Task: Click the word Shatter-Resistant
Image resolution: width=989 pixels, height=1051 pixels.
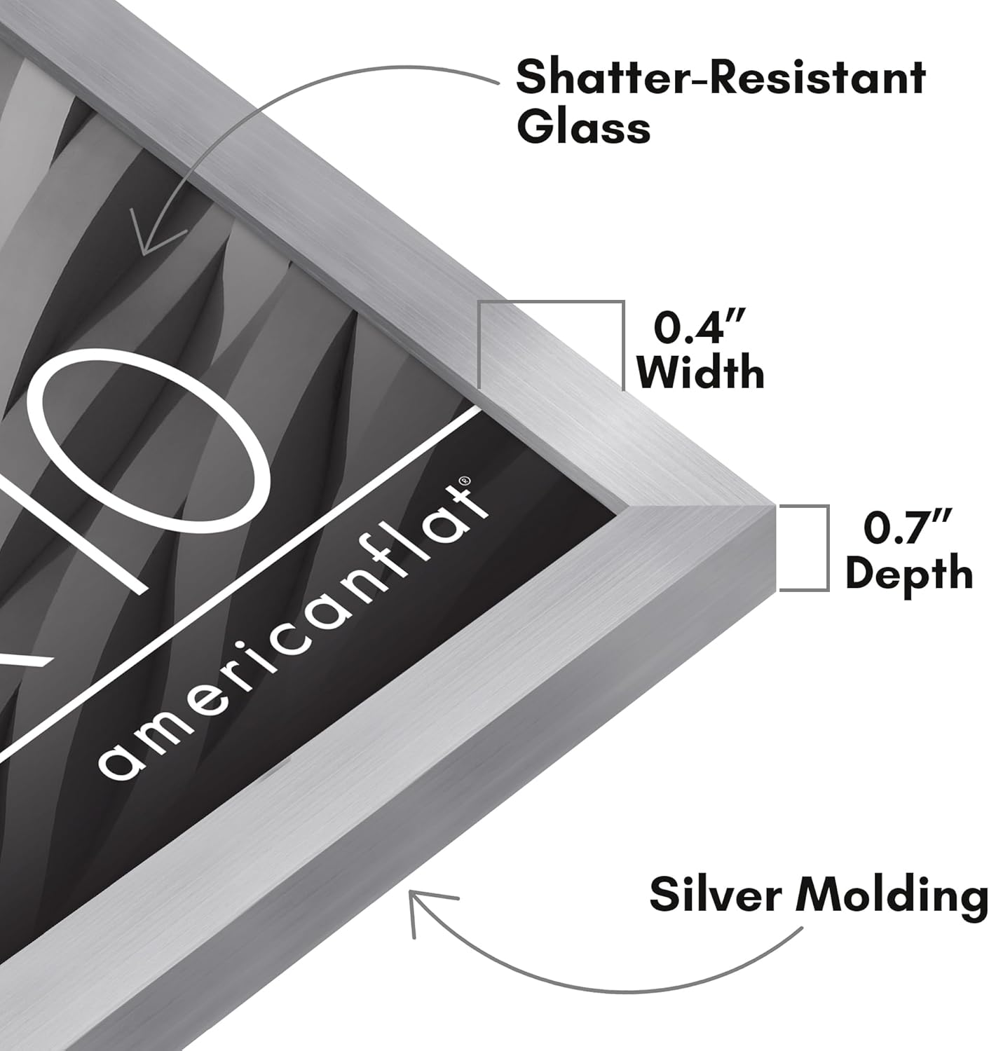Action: (x=721, y=77)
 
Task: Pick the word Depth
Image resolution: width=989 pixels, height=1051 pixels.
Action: (x=909, y=573)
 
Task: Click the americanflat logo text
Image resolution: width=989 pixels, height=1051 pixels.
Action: (x=293, y=628)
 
